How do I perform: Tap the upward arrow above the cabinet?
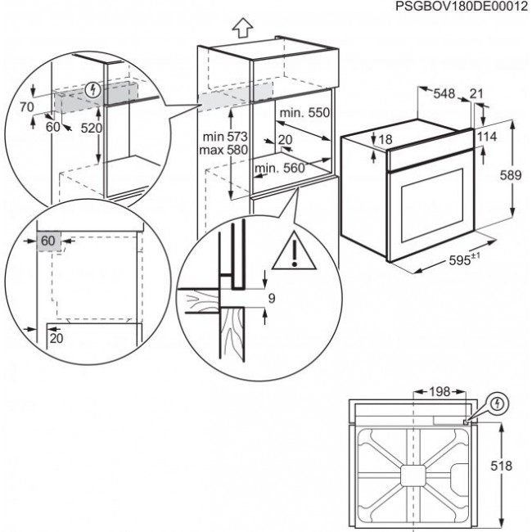(x=242, y=29)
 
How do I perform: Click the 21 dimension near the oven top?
(x=477, y=95)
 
